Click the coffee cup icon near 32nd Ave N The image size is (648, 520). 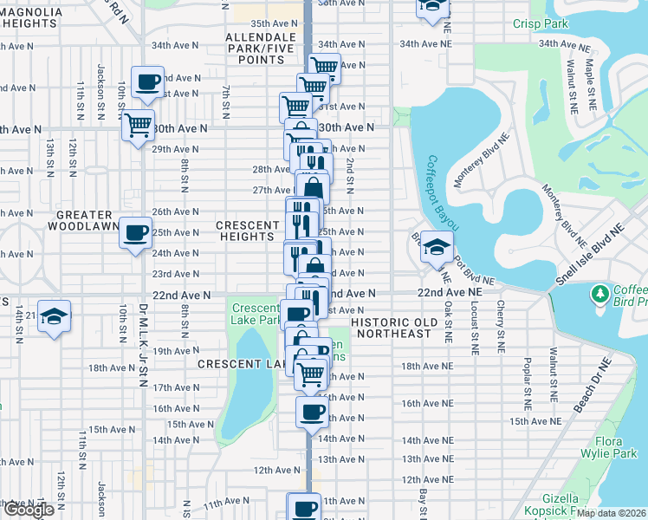pos(147,82)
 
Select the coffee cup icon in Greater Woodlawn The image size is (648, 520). pos(135,232)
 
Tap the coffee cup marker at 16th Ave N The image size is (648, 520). pos(312,412)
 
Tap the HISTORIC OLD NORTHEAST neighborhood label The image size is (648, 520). pos(392,327)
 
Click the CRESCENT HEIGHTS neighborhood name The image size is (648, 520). pos(247,231)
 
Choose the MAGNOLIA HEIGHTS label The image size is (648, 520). pos(31,18)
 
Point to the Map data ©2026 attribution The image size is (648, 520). pos(612,513)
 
